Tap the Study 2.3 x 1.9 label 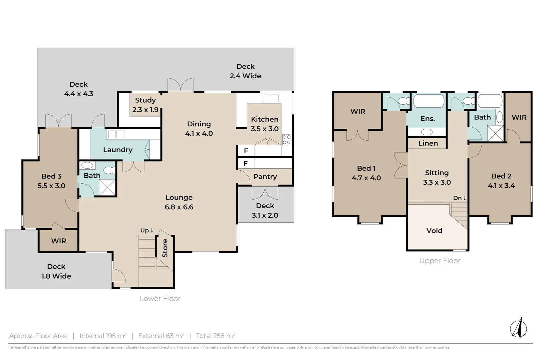point(145,105)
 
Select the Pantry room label point(265,177)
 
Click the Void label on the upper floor point(434,231)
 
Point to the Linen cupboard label point(428,143)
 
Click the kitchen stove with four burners point(287,140)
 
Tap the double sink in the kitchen point(270,98)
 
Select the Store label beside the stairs point(165,248)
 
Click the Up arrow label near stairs point(147,230)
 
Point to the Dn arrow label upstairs point(460,198)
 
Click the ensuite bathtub point(429,101)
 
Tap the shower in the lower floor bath point(107,187)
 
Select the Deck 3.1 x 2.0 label point(265,211)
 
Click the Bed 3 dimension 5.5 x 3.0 point(51,186)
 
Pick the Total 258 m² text point(216,336)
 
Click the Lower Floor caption point(160,299)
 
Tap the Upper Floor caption point(440,261)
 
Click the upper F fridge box point(246,151)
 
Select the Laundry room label point(117,150)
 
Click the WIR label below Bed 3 point(58,241)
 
